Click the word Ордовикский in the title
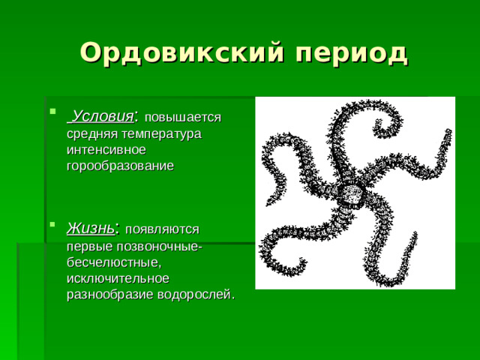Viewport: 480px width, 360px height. point(179,52)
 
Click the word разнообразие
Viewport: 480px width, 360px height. point(106,294)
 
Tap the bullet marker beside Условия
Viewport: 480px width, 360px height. point(52,115)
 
